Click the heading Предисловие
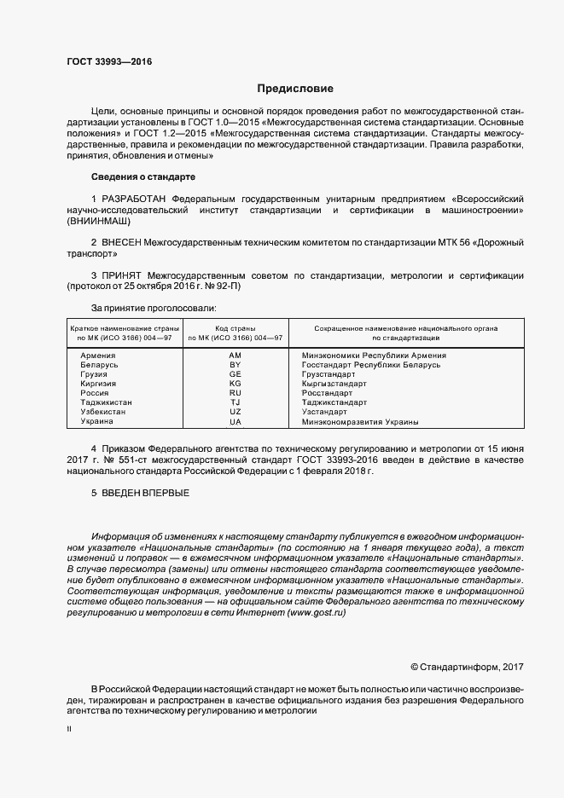pyautogui.click(x=295, y=89)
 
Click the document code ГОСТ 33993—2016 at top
pyautogui.click(x=103, y=61)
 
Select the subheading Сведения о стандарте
pyautogui.click(x=143, y=176)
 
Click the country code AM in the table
pyautogui.click(x=235, y=355)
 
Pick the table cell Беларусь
pyautogui.click(x=99, y=365)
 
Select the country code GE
pyautogui.click(x=235, y=374)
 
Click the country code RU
pyautogui.click(x=235, y=393)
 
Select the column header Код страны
pyautogui.click(x=235, y=328)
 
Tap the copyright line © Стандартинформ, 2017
pyautogui.click(x=467, y=667)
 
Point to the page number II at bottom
pyautogui.click(x=69, y=730)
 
